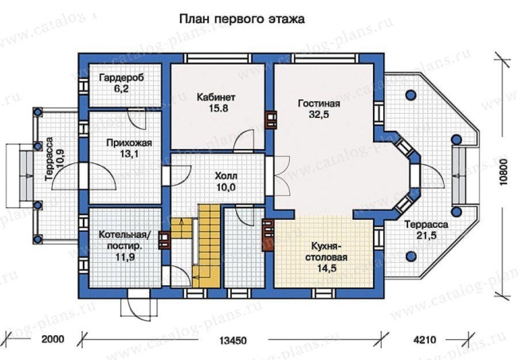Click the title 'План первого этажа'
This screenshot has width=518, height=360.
pos(241,19)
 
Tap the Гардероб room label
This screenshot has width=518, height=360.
pos(122,78)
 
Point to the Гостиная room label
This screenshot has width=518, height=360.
pos(319,104)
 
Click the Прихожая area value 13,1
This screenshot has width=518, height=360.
pos(129,154)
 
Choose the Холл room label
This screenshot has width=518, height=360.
pos(226,175)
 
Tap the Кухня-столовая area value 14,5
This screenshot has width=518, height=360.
pos(327,268)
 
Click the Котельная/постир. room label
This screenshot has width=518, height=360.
pos(125,240)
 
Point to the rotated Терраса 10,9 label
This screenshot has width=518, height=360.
pos(55,158)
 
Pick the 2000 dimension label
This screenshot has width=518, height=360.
pos(53,339)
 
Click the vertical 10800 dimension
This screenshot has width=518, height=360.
pos(503,172)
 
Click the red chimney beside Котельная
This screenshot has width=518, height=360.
pos(164,240)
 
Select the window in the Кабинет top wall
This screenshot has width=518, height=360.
pos(218,58)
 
